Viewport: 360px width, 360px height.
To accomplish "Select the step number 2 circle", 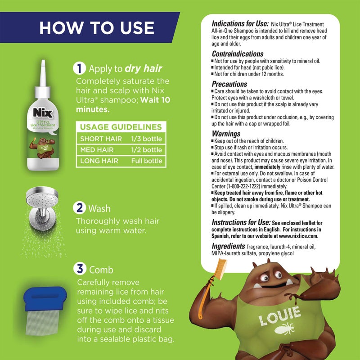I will point(79,209).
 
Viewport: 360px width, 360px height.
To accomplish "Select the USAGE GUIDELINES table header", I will point(121,127).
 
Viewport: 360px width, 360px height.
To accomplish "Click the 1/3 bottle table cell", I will point(145,139).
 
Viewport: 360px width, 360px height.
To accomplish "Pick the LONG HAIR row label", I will point(97,161).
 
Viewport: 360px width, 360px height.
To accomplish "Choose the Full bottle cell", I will point(146,161).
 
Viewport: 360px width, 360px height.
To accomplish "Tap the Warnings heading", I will point(226,134).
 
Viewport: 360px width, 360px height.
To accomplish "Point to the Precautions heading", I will point(229,84).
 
